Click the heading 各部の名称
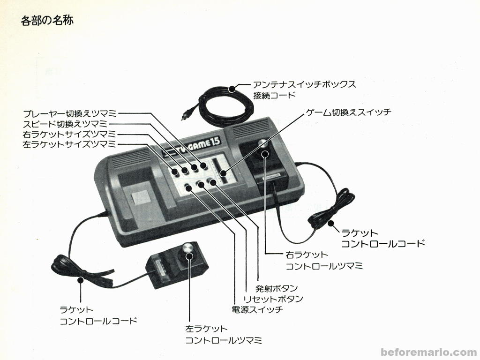pos(47,21)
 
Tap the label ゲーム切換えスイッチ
pos(348,112)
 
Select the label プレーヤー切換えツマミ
pos(70,113)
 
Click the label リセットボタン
pos(273,299)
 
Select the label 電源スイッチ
pos(257,310)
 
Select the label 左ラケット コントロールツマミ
pos(223,335)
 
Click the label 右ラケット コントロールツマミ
pos(324,261)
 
